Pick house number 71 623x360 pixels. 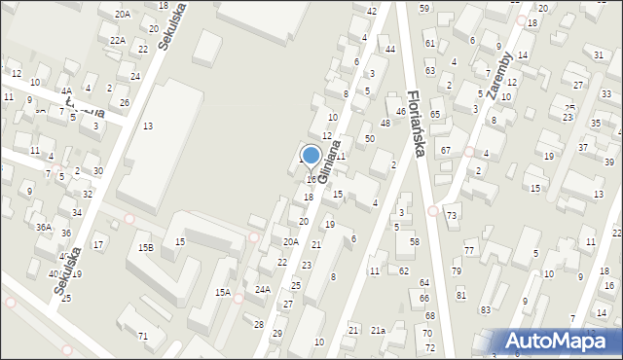pyautogui.click(x=142, y=337)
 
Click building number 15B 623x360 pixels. pyautogui.click(x=145, y=248)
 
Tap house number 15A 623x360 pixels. pyautogui.click(x=223, y=292)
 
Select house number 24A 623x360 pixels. pyautogui.click(x=263, y=289)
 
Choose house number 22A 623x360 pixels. pyautogui.click(x=117, y=40)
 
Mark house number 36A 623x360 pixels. pyautogui.click(x=44, y=227)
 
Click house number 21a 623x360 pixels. pyautogui.click(x=378, y=332)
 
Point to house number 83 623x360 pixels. pyautogui.click(x=486, y=309)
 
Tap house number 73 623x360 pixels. pyautogui.click(x=452, y=214)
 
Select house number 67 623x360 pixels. pyautogui.click(x=445, y=150)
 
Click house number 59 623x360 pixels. pyautogui.click(x=424, y=8)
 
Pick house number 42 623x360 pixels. pyautogui.click(x=371, y=10)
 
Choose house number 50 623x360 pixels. pyautogui.click(x=370, y=139)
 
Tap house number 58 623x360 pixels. pyautogui.click(x=415, y=241)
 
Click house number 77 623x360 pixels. pyautogui.click(x=469, y=251)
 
